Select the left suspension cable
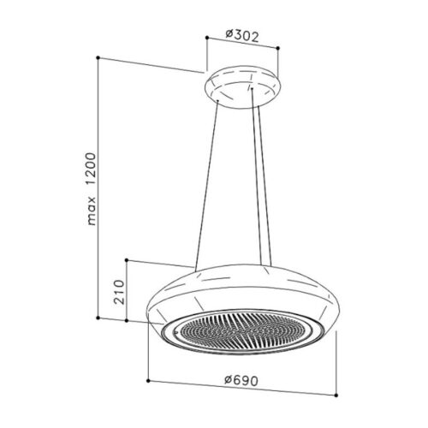coord(208,184)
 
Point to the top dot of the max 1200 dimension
coord(98,57)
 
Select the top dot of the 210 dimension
coord(126,259)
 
